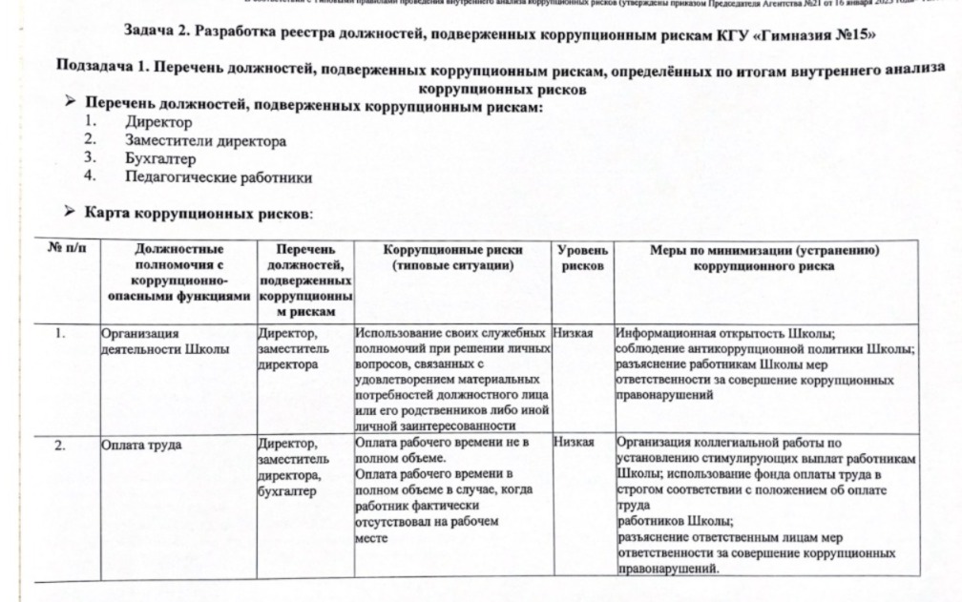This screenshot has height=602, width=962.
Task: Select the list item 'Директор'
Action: (157, 123)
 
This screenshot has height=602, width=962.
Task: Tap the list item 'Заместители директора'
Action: (204, 141)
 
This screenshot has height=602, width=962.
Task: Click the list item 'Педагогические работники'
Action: (218, 177)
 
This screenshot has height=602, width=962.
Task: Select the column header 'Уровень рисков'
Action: (582, 259)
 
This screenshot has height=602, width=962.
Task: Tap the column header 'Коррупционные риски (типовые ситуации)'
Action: (452, 259)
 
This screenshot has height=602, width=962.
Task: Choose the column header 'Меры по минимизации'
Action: (763, 259)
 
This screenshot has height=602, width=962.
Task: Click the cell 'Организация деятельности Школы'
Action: (164, 342)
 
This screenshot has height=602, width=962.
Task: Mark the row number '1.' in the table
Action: (60, 335)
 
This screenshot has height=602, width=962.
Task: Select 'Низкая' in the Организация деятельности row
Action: (574, 335)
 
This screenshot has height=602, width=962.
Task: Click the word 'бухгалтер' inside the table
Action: (287, 491)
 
